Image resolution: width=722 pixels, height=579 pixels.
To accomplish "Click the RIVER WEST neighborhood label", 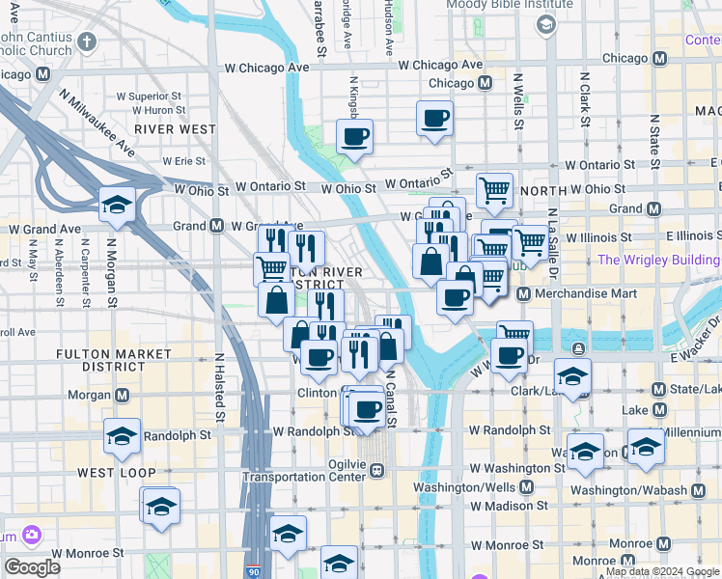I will [175, 128].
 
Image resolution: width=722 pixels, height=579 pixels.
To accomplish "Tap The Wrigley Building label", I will [658, 260].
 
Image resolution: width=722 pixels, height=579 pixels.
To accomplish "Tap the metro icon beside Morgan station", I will [123, 395].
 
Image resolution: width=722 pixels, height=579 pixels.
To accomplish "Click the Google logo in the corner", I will [32, 567].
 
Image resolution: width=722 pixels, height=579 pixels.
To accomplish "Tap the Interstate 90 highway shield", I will [254, 570].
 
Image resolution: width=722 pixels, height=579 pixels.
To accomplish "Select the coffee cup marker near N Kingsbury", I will [355, 136].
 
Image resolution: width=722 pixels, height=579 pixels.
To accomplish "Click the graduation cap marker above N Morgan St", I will [116, 204].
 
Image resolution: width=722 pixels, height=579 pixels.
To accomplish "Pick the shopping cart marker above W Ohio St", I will [494, 190].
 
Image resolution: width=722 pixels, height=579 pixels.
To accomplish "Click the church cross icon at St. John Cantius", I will [87, 41].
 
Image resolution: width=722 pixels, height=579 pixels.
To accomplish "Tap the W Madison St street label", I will [509, 506].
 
